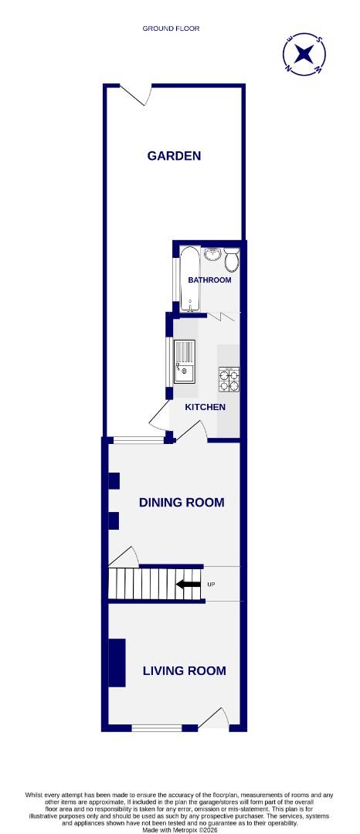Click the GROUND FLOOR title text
click(x=171, y=29)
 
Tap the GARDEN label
click(x=174, y=156)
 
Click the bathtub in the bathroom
click(x=189, y=279)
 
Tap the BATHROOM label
click(x=209, y=280)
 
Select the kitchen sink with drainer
click(x=185, y=361)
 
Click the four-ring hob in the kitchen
click(x=229, y=378)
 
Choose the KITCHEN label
click(x=205, y=407)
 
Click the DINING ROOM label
click(x=182, y=503)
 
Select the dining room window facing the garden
click(x=138, y=441)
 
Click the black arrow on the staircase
click(x=188, y=585)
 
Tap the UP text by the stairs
click(x=212, y=585)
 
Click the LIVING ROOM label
click(x=185, y=671)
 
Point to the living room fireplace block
click(x=117, y=663)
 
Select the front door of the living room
click(x=214, y=720)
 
